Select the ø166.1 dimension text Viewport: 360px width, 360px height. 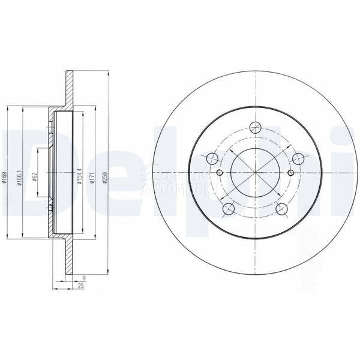pyautogui.click(x=20, y=178)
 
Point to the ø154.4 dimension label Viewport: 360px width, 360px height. pyautogui.click(x=79, y=179)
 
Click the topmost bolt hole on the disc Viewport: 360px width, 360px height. pyautogui.click(x=256, y=127)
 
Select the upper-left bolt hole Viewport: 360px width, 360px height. pyautogui.click(x=212, y=159)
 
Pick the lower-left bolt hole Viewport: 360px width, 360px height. pyautogui.click(x=228, y=209)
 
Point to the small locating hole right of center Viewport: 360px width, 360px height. pyautogui.click(x=291, y=173)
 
